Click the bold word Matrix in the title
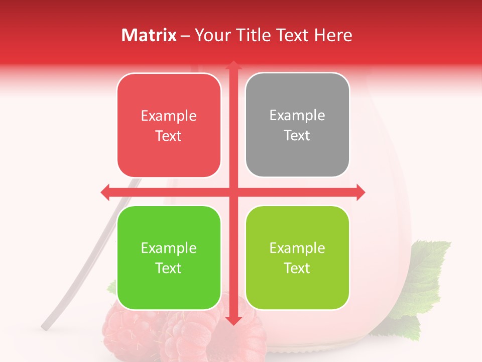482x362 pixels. tap(149, 35)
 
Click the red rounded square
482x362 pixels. tap(169, 125)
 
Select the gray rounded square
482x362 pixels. tap(297, 125)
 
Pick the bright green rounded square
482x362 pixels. tap(169, 258)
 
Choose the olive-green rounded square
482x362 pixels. tap(297, 258)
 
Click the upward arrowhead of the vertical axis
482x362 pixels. tap(233, 65)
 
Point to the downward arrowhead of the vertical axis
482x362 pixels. tap(233, 320)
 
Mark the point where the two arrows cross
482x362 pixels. tap(233, 192)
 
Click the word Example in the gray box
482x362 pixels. tap(297, 115)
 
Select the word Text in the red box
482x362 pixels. tap(169, 136)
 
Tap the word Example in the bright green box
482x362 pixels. tap(169, 248)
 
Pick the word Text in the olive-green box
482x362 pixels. tap(297, 268)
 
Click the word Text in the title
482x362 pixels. tap(292, 35)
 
